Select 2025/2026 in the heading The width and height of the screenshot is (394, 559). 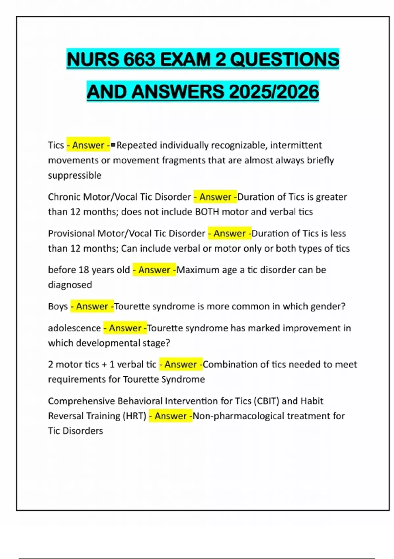(x=274, y=92)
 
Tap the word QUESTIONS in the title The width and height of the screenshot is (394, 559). (x=285, y=60)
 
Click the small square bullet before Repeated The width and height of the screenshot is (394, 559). (x=113, y=145)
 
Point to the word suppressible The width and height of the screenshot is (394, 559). (x=75, y=175)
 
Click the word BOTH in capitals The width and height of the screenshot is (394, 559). (x=207, y=212)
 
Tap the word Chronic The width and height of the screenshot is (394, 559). (x=64, y=197)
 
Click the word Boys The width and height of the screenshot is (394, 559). (x=58, y=306)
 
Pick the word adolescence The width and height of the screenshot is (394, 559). (x=74, y=328)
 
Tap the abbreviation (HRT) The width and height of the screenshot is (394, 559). (x=134, y=416)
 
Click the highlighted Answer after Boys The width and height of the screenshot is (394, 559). (x=92, y=306)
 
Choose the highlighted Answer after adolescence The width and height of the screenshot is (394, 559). (x=125, y=328)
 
